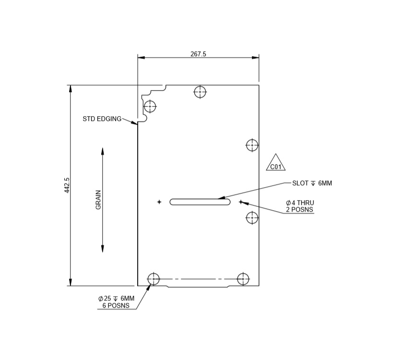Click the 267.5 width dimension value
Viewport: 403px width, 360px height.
[198, 54]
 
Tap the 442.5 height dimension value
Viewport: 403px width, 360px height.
[67, 185]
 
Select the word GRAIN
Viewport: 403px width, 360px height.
[98, 199]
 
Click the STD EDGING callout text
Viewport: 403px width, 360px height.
[102, 119]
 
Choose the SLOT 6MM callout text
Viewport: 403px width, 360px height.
[312, 183]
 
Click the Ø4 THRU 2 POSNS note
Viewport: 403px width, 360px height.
[299, 206]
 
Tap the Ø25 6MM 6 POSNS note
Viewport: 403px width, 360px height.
[116, 301]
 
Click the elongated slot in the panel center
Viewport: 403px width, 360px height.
[200, 202]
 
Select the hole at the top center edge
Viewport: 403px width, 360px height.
[200, 92]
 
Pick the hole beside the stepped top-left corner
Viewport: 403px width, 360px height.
[150, 106]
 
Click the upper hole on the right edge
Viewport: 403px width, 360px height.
[252, 144]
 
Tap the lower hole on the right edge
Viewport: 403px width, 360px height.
[252, 218]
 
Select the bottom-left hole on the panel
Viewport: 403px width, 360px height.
[154, 278]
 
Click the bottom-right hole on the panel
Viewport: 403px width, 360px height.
[243, 278]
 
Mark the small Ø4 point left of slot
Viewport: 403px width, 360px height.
[159, 202]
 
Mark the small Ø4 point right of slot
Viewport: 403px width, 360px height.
[240, 202]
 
